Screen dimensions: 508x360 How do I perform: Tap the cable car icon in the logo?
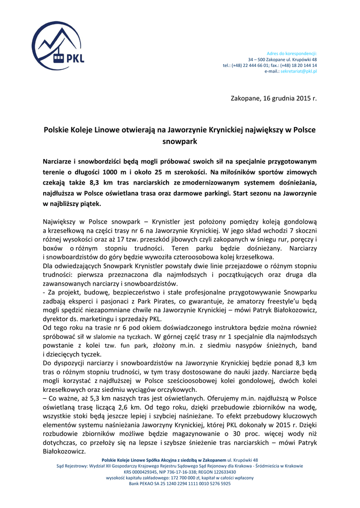(59, 59)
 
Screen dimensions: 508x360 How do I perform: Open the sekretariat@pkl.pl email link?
(299, 71)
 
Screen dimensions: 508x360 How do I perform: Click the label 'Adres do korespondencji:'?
(292, 53)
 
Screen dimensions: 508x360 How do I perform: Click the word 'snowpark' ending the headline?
(180, 141)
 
